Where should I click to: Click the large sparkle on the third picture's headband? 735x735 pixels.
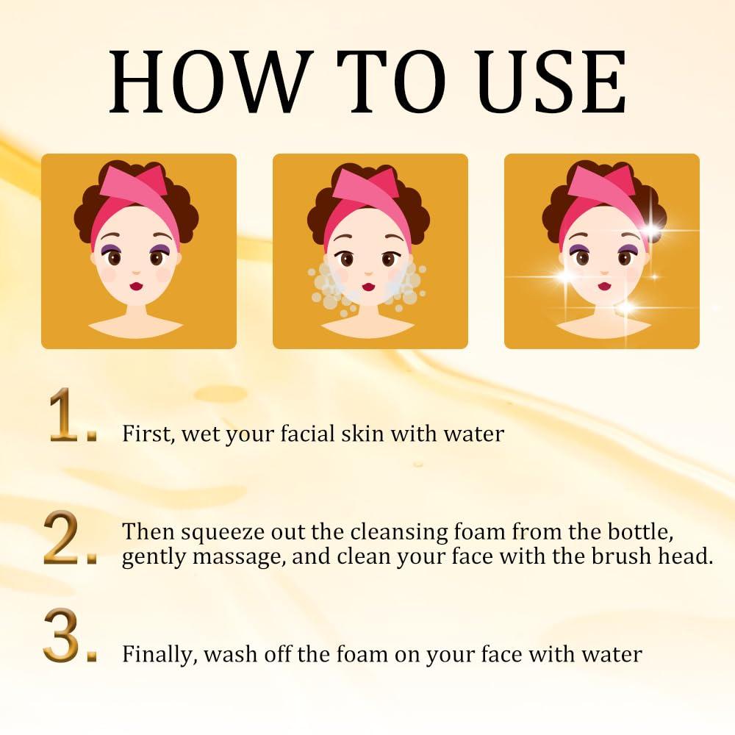(650, 230)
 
